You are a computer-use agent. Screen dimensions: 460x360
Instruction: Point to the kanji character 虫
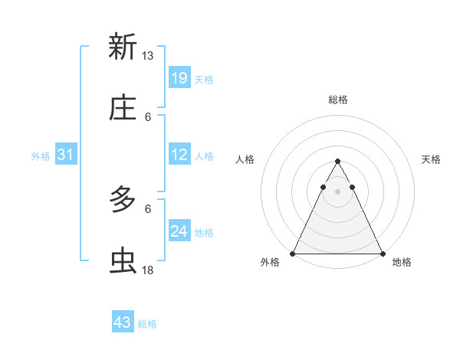pos(123,261)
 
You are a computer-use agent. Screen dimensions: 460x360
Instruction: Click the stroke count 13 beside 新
pos(148,56)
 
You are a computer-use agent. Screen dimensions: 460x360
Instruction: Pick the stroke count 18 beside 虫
pos(148,270)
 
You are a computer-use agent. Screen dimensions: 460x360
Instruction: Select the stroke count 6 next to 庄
pos(148,117)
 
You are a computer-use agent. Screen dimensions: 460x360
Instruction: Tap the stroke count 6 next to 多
pos(148,208)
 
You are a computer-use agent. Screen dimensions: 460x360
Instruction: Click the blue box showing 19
pos(179,77)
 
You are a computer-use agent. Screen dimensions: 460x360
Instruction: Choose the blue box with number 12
pos(179,155)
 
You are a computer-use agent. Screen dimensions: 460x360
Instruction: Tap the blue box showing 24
pos(179,231)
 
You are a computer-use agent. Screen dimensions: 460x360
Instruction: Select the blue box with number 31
pos(66,155)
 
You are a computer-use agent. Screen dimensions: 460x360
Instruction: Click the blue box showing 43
pos(123,322)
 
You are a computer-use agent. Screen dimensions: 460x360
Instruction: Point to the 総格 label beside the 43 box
pos(147,324)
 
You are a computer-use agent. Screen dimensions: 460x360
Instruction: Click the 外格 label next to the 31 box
pos(41,156)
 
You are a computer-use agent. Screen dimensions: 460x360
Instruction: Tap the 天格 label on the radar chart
pos(431,159)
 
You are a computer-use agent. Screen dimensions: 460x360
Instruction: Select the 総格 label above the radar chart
pos(337,100)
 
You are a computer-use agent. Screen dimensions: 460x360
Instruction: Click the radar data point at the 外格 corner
pos(293,254)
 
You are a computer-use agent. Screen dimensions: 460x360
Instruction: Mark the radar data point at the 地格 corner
pos(382,254)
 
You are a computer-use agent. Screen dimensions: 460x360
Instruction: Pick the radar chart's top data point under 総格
pos(337,162)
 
